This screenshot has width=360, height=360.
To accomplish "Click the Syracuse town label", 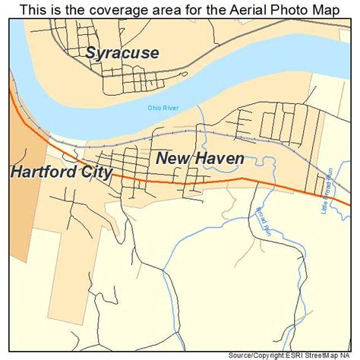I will tap(122, 53).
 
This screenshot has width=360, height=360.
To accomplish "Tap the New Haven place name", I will tap(200, 158).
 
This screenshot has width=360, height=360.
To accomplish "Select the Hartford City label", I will tap(62, 172).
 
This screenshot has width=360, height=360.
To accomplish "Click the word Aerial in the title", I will tap(232, 9).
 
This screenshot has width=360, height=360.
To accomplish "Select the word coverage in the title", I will tap(111, 9).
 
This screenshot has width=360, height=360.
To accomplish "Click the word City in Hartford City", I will tap(96, 172).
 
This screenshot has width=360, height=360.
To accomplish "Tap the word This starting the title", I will tap(33, 9).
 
